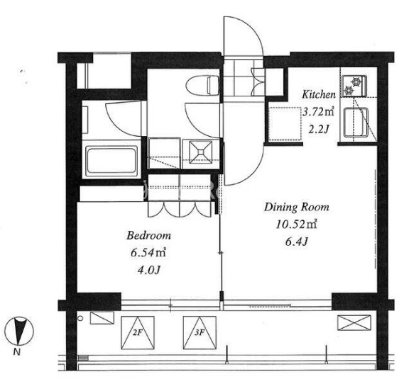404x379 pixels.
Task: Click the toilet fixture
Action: point(202,86)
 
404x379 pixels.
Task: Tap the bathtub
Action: point(111,160)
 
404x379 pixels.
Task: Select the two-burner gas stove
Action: point(354,86)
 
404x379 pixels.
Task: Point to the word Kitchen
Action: point(319,95)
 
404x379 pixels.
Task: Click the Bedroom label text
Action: point(148,235)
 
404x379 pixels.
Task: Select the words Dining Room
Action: point(297,208)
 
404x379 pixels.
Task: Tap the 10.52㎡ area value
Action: point(296,225)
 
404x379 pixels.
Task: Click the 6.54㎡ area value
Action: point(148,253)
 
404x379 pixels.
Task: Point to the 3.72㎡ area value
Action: point(319,112)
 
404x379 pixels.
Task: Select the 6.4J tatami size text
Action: point(297,242)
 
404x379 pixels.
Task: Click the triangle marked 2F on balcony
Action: point(138,333)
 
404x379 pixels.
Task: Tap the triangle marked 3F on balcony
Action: point(200,333)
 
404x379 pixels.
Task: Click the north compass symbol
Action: point(19,331)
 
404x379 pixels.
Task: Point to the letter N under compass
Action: point(17,351)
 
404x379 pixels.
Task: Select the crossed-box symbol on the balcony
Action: point(354,323)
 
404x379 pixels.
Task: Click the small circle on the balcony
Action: point(80,319)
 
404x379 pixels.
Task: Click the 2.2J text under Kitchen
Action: point(319,130)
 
